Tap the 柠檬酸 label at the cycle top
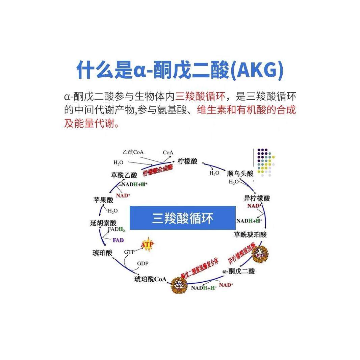pos(187,161)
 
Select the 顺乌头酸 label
pos(240,174)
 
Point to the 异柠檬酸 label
pos(257,198)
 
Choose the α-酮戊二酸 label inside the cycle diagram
pos(238,271)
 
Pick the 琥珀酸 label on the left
pos(102,253)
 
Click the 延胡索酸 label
pos(103,223)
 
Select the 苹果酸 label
pos(103,200)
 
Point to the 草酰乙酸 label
pos(124,175)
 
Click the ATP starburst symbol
pos(147,245)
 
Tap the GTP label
pos(129,252)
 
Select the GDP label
pos(143,263)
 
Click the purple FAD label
pos(118,240)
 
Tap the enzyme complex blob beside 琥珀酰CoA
pos(179,285)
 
